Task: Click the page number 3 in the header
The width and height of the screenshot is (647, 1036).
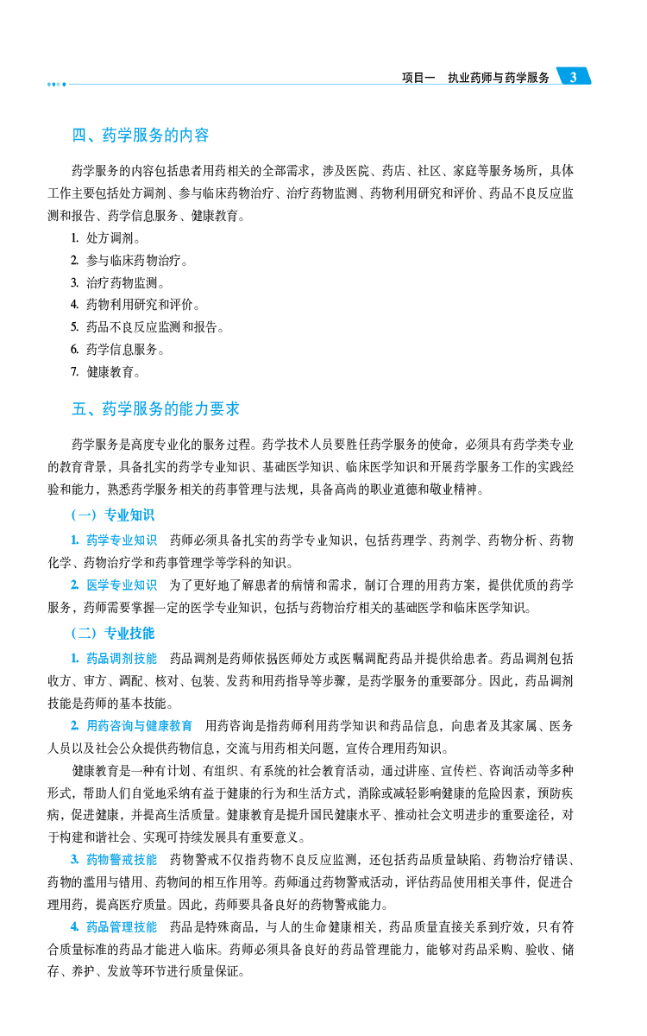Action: click(573, 78)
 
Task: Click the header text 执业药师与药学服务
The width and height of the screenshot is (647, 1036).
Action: click(499, 78)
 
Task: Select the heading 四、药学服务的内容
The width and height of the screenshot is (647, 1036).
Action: click(141, 136)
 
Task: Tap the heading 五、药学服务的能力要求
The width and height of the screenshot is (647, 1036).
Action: click(156, 408)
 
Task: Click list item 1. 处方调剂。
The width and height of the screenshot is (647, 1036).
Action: click(107, 237)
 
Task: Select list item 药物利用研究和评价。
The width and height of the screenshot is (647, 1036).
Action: click(143, 305)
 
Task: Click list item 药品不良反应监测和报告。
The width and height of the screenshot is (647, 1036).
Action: click(155, 327)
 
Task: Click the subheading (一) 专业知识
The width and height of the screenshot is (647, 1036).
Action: click(113, 515)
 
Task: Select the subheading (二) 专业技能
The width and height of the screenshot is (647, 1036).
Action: click(113, 633)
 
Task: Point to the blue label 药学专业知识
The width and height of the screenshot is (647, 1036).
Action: click(122, 540)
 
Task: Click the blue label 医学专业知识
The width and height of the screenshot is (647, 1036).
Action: click(122, 585)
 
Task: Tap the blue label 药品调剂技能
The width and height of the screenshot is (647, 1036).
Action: click(122, 658)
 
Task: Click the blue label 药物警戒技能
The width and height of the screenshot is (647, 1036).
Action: click(122, 860)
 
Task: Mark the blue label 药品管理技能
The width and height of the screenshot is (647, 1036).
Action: click(122, 927)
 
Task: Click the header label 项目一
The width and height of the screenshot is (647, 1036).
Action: click(419, 78)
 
